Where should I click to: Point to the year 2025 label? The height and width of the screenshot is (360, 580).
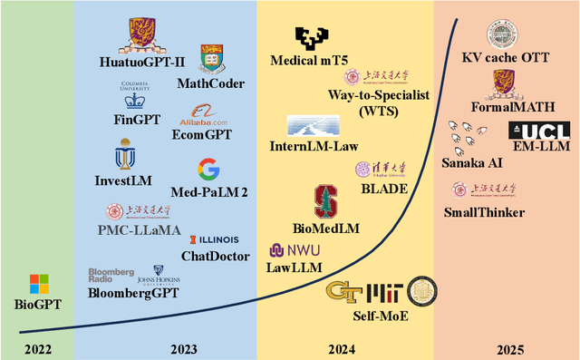point(507,348)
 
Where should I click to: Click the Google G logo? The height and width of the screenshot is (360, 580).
point(208,169)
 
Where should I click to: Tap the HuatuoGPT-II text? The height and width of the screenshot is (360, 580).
point(142,63)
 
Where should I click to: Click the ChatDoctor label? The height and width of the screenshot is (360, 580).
point(209,257)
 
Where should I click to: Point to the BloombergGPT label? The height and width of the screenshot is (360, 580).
point(133,293)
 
